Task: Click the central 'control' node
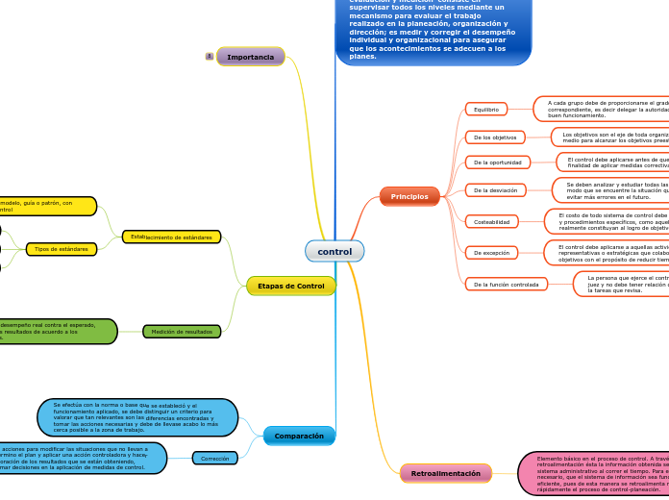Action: click(334, 252)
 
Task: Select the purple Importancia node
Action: click(251, 57)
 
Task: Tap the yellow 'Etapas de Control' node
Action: click(291, 286)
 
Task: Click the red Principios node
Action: click(409, 196)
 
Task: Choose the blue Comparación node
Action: click(299, 436)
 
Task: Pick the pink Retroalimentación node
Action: click(446, 473)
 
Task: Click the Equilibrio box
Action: click(486, 110)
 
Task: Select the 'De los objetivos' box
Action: click(495, 137)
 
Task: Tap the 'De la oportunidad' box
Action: click(498, 162)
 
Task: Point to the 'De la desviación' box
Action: click(495, 190)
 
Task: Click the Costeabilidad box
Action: click(492, 222)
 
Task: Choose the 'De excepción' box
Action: click(492, 253)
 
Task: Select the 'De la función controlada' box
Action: click(507, 285)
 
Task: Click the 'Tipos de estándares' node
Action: click(61, 249)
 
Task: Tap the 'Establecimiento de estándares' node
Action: click(172, 237)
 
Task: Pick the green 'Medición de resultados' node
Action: click(182, 332)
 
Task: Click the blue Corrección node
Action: click(214, 459)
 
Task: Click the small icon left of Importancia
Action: click(210, 57)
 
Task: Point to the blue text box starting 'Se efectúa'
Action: click(136, 417)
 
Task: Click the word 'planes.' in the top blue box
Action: click(363, 57)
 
